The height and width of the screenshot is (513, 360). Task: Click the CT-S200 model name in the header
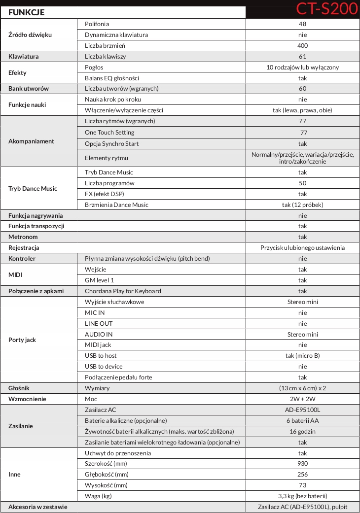326,9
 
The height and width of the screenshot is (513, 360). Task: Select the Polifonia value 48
302,24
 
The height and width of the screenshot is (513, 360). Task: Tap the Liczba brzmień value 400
302,46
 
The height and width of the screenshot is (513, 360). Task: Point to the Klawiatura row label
24,57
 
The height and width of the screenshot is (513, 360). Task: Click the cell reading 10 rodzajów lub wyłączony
302,68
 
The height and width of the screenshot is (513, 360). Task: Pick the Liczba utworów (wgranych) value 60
302,89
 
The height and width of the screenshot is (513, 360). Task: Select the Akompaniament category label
31,141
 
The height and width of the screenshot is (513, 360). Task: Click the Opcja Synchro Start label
111,144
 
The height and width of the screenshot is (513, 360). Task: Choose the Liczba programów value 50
302,183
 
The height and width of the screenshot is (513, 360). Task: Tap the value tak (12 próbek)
302,205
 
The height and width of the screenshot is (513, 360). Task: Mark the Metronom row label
23,237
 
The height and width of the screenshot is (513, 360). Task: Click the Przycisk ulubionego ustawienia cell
302,248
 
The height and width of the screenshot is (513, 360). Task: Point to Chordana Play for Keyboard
123,291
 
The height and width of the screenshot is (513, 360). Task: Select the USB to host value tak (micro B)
302,356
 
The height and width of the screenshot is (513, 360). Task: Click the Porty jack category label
22,340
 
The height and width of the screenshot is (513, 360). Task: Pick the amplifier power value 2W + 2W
302,399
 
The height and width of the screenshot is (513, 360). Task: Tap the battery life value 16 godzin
302,432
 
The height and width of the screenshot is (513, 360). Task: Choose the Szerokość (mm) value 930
302,464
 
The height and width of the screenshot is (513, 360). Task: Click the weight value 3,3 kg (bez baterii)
302,496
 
